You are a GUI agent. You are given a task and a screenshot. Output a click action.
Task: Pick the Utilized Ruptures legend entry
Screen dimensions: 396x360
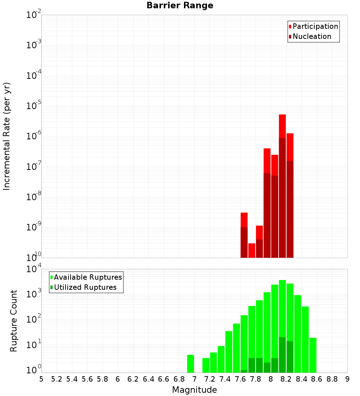pos(85,287)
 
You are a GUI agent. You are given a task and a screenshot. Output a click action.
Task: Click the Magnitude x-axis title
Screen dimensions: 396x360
pos(194,390)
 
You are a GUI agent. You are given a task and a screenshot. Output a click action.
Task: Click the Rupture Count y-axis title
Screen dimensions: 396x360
pos(14,321)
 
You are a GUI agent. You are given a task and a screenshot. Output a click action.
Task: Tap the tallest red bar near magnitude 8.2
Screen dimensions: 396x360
pos(282,126)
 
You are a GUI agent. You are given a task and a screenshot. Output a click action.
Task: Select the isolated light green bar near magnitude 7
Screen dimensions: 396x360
pos(190,364)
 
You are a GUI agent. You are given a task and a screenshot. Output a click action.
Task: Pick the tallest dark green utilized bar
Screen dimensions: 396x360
pos(282,355)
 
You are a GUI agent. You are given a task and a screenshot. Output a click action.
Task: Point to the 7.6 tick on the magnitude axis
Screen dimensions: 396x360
pos(240,379)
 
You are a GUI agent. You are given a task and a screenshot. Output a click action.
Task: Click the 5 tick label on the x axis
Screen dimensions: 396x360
pos(41,379)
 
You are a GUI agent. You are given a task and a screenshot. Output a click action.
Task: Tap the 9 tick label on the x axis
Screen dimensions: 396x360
pos(347,379)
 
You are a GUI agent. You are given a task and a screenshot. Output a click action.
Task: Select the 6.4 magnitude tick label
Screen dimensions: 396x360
pos(148,379)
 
